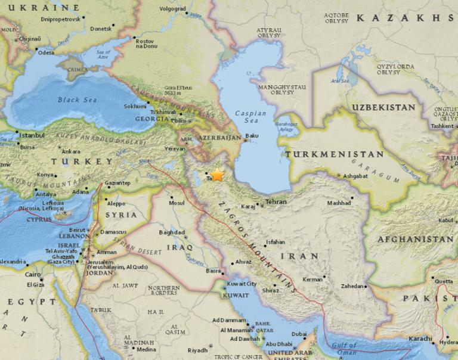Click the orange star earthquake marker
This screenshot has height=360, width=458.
(x=218, y=175)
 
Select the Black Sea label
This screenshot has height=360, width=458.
(x=77, y=100)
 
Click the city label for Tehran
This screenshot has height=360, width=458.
(x=276, y=202)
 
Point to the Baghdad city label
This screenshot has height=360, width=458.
(x=172, y=232)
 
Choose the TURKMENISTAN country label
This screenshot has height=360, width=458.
(x=334, y=154)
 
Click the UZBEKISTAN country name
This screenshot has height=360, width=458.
(x=383, y=107)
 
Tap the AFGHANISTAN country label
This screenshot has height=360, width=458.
(x=415, y=239)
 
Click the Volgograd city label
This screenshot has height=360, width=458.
(x=173, y=10)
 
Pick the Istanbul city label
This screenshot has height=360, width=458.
(x=32, y=135)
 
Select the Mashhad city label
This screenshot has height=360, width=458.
(x=339, y=203)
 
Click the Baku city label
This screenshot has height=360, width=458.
(x=252, y=136)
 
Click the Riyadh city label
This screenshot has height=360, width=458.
(x=197, y=350)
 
